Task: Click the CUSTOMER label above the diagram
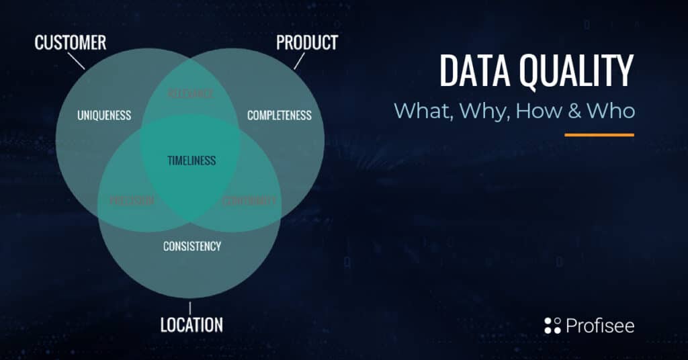click(70, 43)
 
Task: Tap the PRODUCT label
click(306, 43)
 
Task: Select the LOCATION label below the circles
click(191, 325)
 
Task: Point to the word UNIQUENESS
click(104, 116)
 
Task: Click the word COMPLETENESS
click(279, 116)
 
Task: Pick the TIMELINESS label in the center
click(191, 161)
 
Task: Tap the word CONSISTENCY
click(191, 246)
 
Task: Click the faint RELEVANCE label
click(191, 94)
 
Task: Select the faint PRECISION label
click(132, 200)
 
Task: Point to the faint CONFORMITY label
click(249, 200)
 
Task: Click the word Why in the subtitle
click(485, 111)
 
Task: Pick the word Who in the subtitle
click(611, 111)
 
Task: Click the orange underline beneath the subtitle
click(599, 134)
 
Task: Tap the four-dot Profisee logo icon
click(552, 326)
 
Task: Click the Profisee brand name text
click(599, 326)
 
